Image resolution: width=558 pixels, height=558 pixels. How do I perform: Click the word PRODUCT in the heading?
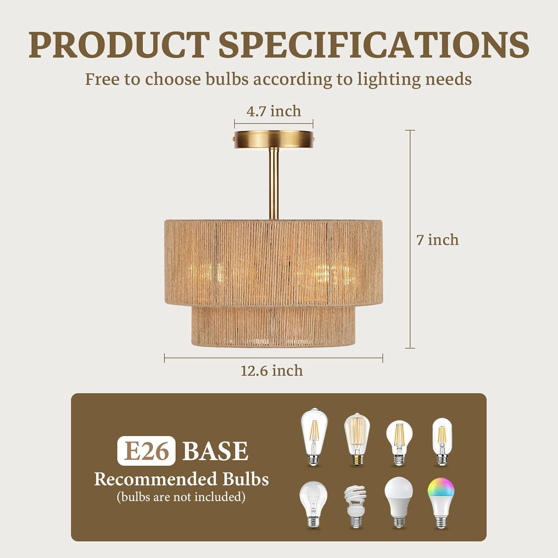click(119, 45)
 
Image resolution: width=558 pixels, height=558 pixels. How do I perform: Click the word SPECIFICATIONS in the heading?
click(373, 45)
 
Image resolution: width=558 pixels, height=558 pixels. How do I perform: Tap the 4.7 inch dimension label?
click(274, 111)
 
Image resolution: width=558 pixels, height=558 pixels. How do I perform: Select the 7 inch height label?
click(437, 240)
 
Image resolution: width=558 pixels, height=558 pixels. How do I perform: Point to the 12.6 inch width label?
click(272, 371)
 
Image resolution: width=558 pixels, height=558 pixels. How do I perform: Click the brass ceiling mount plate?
click(274, 139)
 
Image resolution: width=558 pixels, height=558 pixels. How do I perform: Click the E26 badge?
click(146, 451)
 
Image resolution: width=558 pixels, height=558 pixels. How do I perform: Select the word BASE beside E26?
click(215, 451)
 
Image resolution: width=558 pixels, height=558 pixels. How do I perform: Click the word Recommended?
click(155, 479)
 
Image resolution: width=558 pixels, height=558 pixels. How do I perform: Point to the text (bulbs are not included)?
click(181, 497)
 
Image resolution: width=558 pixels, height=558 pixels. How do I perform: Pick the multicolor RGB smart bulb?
click(441, 502)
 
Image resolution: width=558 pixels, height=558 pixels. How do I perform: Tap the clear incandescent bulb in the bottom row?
click(314, 504)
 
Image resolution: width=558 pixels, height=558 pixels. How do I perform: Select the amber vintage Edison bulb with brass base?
click(356, 439)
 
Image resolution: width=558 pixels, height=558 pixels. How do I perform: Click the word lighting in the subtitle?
click(384, 79)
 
